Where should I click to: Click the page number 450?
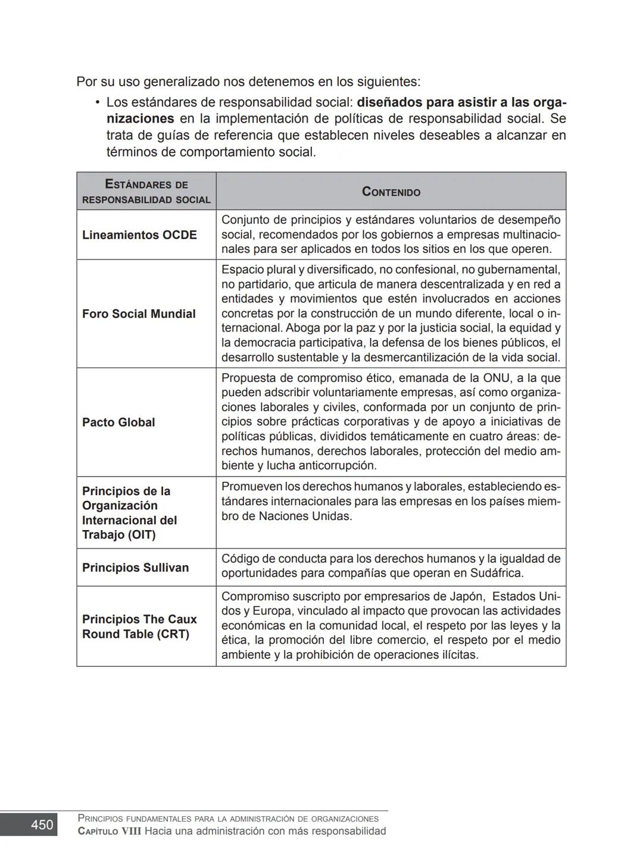point(42,825)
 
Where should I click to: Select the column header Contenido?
point(391,192)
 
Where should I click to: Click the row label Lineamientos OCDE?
point(139,235)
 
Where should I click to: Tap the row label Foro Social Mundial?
point(139,314)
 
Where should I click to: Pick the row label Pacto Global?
point(118,422)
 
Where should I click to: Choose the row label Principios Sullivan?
point(135,568)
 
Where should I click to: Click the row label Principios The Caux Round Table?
point(139,626)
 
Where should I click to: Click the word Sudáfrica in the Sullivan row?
point(495,574)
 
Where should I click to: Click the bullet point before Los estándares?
point(96,102)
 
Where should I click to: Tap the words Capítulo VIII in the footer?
point(110,831)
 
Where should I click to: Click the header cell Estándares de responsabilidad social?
point(146,192)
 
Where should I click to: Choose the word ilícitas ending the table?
point(458,655)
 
